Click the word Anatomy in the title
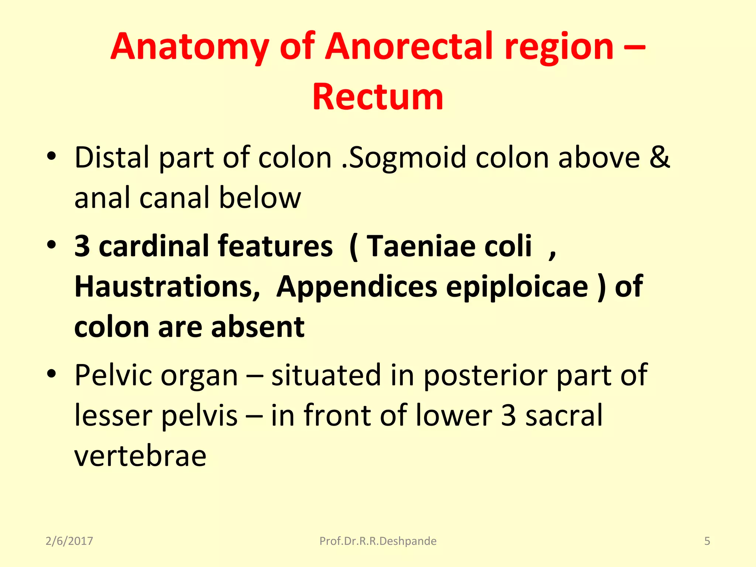[x=189, y=47]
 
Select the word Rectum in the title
[x=378, y=97]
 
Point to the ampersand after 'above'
[x=660, y=157]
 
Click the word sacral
[x=564, y=415]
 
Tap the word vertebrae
[x=140, y=456]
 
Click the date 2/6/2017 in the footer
[x=69, y=541]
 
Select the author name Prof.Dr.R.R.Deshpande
[x=378, y=541]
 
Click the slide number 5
[x=707, y=541]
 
